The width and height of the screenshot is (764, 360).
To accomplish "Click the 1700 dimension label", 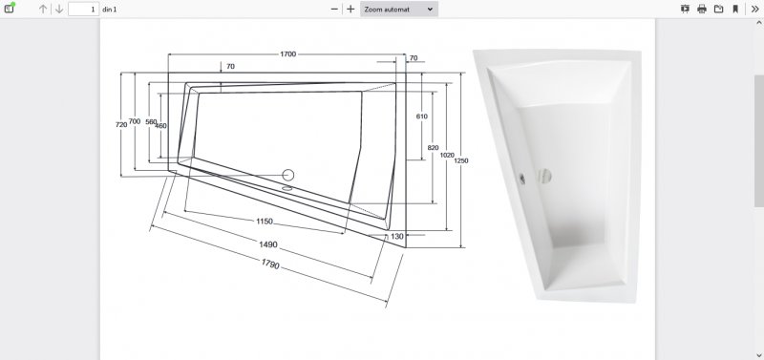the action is pos(288,54).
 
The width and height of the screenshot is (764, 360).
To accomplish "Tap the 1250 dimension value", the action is pos(461,160).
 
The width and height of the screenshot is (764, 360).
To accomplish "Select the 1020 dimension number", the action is pos(447,155).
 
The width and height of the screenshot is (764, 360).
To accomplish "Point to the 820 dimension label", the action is pos(434,148).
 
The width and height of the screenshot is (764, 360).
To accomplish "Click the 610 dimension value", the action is pos(421,116).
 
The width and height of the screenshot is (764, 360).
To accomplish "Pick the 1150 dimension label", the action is pos(265,222).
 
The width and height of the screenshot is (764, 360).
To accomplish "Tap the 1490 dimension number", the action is pos(268,244).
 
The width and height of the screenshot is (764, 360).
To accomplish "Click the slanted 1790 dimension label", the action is pos(270,264).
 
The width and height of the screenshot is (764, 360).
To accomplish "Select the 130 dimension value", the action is pos(397,236).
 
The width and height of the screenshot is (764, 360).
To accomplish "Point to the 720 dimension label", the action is pos(121,125).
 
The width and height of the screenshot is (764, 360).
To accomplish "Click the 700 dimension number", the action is pos(135,121).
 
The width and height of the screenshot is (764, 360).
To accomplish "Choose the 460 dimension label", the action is pos(161,126).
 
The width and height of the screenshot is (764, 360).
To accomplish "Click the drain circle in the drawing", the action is pos(288,175).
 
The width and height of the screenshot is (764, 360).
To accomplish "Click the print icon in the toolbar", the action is pos(702,9).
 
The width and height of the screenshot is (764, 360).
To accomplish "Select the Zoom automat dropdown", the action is pos(399,9).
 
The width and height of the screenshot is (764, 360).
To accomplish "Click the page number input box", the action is pos(84,9).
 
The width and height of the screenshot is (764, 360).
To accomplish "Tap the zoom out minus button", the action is pos(334,9).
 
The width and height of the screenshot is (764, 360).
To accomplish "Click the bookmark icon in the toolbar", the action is pos(735,9).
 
